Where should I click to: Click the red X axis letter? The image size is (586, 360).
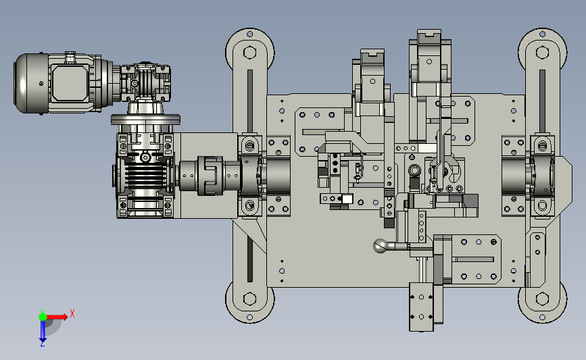(x=72, y=313)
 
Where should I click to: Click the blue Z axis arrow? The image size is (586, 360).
(x=43, y=331)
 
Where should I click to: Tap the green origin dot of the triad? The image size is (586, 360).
(x=43, y=317)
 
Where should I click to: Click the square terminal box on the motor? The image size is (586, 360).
(x=70, y=82)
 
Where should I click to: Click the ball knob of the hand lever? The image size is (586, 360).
(x=381, y=246)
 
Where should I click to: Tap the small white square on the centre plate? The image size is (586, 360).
(x=347, y=199)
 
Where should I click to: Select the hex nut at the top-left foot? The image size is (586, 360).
(x=249, y=52)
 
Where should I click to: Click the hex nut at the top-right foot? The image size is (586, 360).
(x=542, y=52)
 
